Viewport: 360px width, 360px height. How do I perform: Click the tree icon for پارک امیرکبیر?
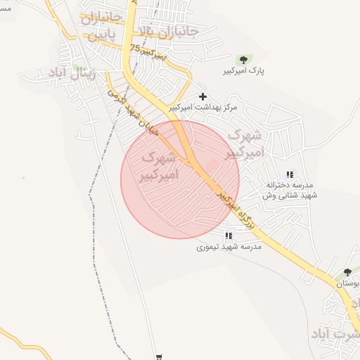[243, 60]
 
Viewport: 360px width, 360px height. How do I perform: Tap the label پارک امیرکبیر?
[244, 72]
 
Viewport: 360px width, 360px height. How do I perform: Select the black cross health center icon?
[204, 96]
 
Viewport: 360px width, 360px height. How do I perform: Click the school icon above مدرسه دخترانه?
[290, 174]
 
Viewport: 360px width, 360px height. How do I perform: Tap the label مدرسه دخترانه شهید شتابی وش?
[290, 190]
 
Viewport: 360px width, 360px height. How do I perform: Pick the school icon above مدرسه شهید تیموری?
[228, 236]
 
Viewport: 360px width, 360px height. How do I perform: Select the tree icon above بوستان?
[347, 273]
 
